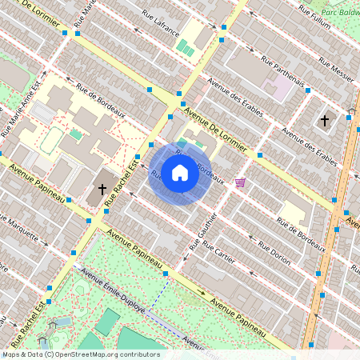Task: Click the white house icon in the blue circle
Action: pyautogui.click(x=180, y=173)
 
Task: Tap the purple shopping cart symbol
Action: pyautogui.click(x=240, y=183)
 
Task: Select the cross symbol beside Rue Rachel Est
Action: pyautogui.click(x=102, y=190)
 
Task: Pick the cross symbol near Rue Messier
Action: pyautogui.click(x=324, y=121)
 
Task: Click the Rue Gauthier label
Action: pyautogui.click(x=204, y=232)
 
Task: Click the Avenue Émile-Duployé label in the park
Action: pyautogui.click(x=114, y=294)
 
